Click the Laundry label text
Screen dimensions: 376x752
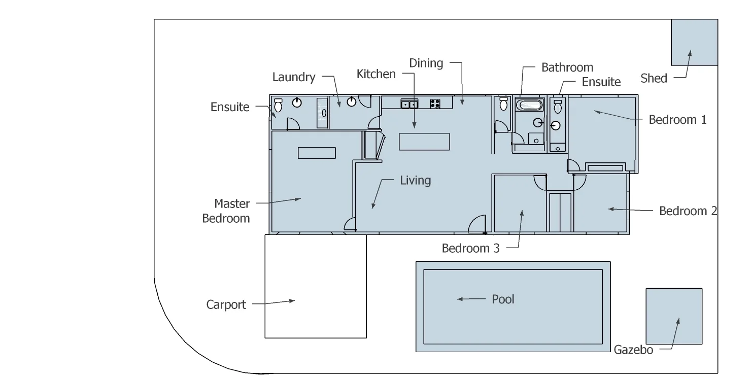pos(294,77)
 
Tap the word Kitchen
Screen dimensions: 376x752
pos(376,74)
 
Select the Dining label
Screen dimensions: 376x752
pos(426,63)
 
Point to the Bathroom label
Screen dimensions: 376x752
pos(567,67)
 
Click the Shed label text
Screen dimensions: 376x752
pos(654,78)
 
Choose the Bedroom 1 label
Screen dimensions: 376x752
pos(678,120)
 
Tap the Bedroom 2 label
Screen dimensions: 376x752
pos(688,211)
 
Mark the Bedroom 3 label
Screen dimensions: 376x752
pos(471,248)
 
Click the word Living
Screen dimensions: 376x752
pos(415,180)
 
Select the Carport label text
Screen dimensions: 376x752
pos(226,304)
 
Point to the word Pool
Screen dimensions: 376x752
pos(503,299)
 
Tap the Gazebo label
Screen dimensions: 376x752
pos(633,350)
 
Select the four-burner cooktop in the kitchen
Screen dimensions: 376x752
pos(435,104)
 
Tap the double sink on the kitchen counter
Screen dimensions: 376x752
pos(409,104)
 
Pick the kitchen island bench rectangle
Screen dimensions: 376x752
pos(424,142)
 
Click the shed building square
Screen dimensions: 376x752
pos(694,43)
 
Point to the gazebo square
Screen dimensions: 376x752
pos(674,316)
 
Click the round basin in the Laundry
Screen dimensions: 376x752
pos(352,102)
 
